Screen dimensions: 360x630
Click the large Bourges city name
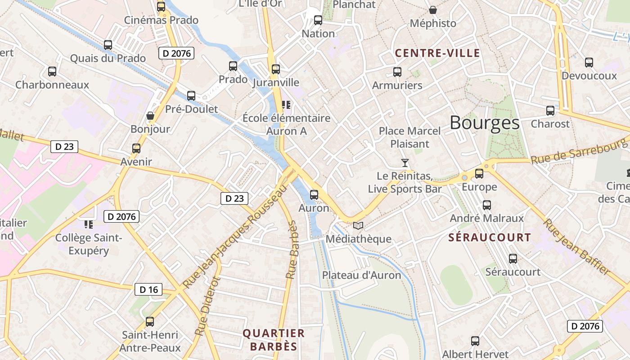484,122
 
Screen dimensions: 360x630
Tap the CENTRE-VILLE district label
437,53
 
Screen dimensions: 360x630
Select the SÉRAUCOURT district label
490,237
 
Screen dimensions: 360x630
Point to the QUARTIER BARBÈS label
274,340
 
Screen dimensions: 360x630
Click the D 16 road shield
148,289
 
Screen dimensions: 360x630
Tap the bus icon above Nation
318,20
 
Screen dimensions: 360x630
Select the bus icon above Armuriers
397,72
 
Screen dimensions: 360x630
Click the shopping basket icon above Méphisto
433,10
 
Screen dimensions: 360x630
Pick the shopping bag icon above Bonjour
150,116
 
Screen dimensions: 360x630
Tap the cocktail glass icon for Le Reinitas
405,163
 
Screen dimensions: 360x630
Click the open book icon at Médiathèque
358,225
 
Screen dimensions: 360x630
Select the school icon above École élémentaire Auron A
286,105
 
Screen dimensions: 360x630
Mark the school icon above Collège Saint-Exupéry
88,224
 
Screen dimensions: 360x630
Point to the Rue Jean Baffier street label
576,247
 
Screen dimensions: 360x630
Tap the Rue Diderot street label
208,306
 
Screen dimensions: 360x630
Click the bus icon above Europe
479,174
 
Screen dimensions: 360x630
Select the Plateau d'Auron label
361,275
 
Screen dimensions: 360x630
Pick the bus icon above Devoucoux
589,63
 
